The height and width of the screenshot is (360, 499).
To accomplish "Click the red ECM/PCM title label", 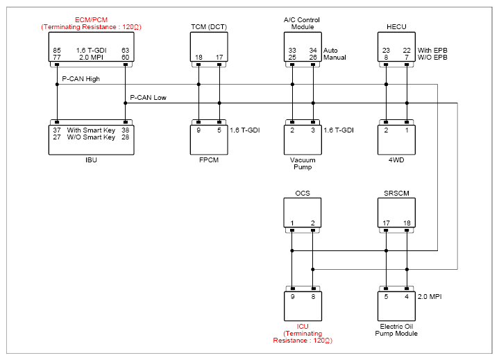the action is click(x=91, y=19).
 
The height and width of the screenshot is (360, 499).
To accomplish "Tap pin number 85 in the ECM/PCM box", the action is click(x=57, y=50).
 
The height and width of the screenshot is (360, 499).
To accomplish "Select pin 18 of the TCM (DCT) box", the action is click(x=198, y=58).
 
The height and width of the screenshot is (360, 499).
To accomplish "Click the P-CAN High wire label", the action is click(x=81, y=79).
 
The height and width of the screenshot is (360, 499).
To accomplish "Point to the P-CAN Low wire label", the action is click(x=148, y=98).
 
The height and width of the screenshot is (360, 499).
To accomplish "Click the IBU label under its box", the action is click(x=91, y=160).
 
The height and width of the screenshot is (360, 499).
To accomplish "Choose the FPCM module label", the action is click(x=209, y=160).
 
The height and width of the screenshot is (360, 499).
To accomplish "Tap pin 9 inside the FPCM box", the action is click(x=198, y=130).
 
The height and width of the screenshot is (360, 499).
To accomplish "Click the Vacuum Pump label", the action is click(x=303, y=164).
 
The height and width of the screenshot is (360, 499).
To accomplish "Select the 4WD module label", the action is click(x=396, y=160).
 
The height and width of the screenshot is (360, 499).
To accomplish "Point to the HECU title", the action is click(x=396, y=27).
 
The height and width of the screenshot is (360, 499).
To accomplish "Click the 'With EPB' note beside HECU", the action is click(x=432, y=50).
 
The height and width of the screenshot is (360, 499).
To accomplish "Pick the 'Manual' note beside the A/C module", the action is click(x=335, y=58).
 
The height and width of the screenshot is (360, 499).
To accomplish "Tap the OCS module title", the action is click(x=303, y=194).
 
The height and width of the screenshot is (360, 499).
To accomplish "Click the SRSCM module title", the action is click(x=396, y=194).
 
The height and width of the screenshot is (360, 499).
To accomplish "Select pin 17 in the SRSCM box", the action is click(x=386, y=223).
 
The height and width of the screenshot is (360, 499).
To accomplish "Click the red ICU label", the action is click(x=303, y=327).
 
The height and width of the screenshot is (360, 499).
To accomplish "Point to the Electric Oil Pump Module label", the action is click(x=396, y=330).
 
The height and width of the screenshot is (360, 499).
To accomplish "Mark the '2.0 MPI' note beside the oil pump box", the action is click(x=430, y=297).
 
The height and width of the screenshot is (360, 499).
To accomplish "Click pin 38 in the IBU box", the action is click(x=126, y=130).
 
